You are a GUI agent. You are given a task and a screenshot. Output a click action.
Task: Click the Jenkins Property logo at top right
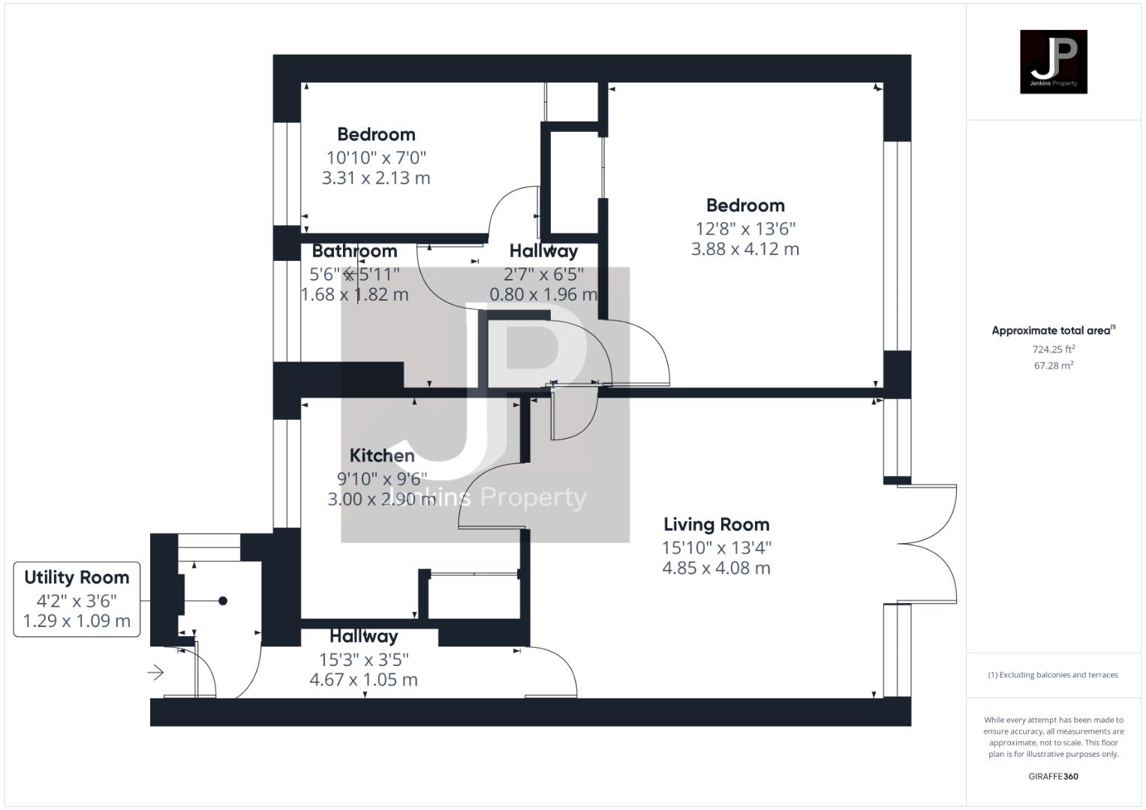click(1053, 61)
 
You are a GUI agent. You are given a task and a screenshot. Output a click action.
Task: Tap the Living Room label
click(716, 524)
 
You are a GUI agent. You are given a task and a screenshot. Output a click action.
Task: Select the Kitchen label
click(382, 455)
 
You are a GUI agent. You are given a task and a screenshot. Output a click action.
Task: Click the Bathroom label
click(354, 251)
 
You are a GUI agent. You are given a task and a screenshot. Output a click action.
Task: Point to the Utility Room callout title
click(77, 577)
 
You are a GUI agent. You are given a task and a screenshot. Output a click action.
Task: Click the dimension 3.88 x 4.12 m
click(744, 249)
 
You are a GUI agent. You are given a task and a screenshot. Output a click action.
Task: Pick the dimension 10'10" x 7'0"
click(376, 157)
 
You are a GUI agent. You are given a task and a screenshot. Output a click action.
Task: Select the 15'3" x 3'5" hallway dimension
click(363, 659)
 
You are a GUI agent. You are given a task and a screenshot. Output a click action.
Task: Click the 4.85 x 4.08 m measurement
click(716, 568)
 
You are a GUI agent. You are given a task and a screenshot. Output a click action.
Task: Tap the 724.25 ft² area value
click(1053, 349)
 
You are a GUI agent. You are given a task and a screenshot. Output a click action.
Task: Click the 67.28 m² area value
click(1053, 366)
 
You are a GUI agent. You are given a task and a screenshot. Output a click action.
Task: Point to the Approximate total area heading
click(1053, 331)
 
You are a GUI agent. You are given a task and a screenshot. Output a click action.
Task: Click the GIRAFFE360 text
click(1053, 776)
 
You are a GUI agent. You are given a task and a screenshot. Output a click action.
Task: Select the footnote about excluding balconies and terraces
click(1053, 675)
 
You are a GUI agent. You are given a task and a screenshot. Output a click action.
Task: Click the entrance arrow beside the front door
click(156, 672)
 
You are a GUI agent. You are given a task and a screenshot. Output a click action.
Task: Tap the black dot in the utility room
click(223, 601)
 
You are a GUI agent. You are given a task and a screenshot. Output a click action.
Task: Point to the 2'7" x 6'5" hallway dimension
click(543, 274)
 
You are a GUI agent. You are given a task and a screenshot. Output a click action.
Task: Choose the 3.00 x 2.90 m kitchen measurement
click(382, 499)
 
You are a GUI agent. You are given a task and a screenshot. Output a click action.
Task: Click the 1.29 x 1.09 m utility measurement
click(77, 621)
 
